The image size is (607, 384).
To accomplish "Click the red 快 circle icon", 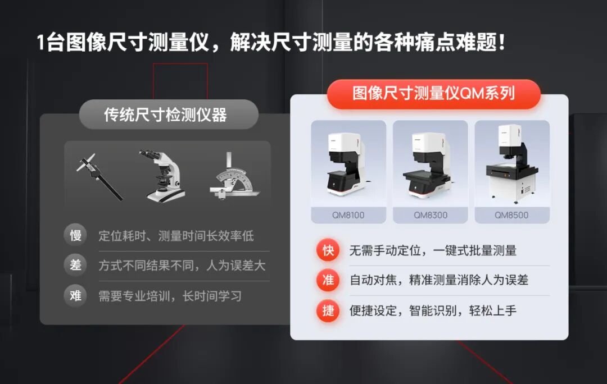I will [x=328, y=250].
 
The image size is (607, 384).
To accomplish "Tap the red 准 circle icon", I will [x=328, y=280].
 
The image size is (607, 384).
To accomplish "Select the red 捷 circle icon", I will [x=328, y=310].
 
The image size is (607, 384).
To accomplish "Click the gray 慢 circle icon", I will [x=75, y=235].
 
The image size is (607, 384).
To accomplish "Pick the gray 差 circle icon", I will [x=75, y=265].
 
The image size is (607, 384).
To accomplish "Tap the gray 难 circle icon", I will [x=75, y=295].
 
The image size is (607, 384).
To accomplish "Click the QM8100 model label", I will [x=348, y=215].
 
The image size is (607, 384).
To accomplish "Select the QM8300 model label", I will [x=431, y=215].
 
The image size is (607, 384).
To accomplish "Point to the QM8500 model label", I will [x=511, y=215].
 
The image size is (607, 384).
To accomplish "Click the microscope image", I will [x=162, y=175].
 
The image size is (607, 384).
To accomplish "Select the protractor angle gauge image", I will [x=233, y=176].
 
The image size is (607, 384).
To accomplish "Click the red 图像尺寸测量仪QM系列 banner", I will [x=433, y=94].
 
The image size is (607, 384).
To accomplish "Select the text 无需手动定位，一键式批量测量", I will [x=433, y=251].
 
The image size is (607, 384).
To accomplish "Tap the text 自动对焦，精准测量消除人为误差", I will [x=439, y=280].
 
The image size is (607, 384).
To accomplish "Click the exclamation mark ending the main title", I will [x=501, y=43].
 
